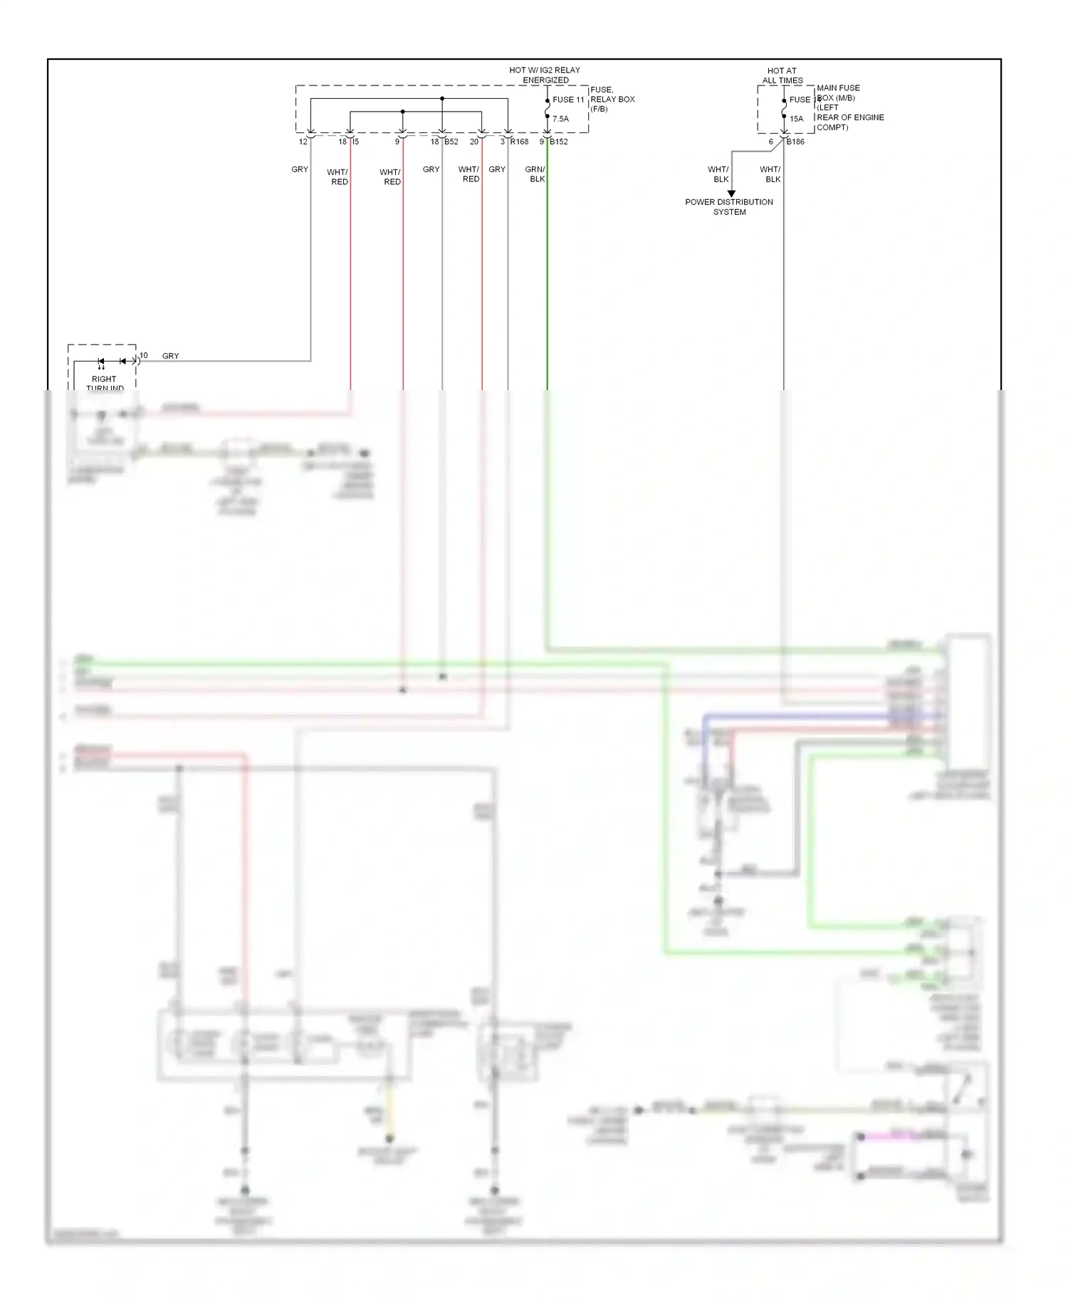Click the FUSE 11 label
tap(568, 100)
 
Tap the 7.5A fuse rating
tap(560, 119)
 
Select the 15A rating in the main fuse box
tap(796, 119)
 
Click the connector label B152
tap(559, 142)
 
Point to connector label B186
tap(795, 142)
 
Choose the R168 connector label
tap(519, 142)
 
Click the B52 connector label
tap(451, 142)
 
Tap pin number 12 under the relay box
tap(303, 142)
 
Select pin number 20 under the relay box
tap(474, 142)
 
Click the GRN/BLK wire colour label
tap(535, 174)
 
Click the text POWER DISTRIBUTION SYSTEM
tap(729, 207)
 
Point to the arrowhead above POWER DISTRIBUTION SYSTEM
tap(731, 194)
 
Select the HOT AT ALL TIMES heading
tap(782, 75)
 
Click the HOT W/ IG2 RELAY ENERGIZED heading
tap(545, 75)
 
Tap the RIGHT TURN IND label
tap(104, 383)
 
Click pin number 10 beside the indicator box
tap(144, 355)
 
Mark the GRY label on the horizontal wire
tap(171, 356)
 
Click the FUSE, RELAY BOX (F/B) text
tap(612, 100)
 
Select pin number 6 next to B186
tap(770, 142)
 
